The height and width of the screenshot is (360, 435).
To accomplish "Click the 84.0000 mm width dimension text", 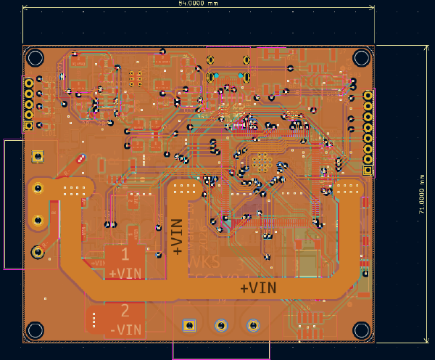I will pyautogui.click(x=198, y=4).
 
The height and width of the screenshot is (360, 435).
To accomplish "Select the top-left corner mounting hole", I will pyautogui.click(x=35, y=57).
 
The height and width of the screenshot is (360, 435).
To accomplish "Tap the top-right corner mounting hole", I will pyautogui.click(x=361, y=57).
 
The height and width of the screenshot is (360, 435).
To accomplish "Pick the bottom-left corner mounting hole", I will pyautogui.click(x=35, y=330).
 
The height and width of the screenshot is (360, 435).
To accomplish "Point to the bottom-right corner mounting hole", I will pyautogui.click(x=361, y=330).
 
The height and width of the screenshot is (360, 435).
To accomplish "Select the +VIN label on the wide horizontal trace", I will pyautogui.click(x=258, y=288).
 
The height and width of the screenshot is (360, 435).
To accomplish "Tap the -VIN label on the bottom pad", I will pyautogui.click(x=125, y=329).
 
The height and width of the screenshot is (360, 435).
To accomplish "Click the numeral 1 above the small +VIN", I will pyautogui.click(x=125, y=255).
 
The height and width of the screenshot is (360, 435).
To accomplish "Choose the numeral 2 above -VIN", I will pyautogui.click(x=125, y=311).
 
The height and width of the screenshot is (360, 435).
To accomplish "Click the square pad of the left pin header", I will pyautogui.click(x=29, y=125).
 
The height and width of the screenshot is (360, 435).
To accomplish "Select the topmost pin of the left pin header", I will pyautogui.click(x=29, y=83).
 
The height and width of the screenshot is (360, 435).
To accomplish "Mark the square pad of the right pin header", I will pyautogui.click(x=368, y=171).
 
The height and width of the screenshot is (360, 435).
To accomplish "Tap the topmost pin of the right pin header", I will pyautogui.click(x=368, y=96).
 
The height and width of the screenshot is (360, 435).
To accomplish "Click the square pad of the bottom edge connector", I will pyautogui.click(x=188, y=325).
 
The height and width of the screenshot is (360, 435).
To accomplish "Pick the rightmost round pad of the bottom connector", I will pyautogui.click(x=253, y=325).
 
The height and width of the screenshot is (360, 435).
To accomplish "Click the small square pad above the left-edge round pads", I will pyautogui.click(x=37, y=156).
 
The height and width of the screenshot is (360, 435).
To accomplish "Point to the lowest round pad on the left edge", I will pyautogui.click(x=37, y=252).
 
